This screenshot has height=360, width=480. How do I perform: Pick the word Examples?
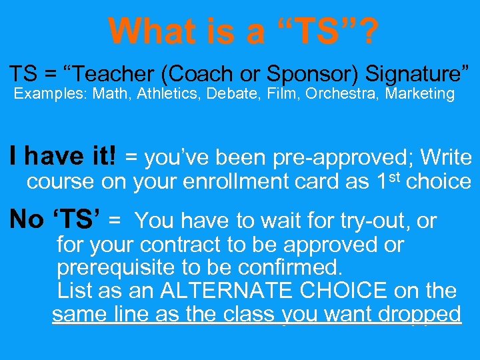point(51,94)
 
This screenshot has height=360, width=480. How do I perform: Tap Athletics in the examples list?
point(168,94)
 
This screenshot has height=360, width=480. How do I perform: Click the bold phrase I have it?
point(63,157)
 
